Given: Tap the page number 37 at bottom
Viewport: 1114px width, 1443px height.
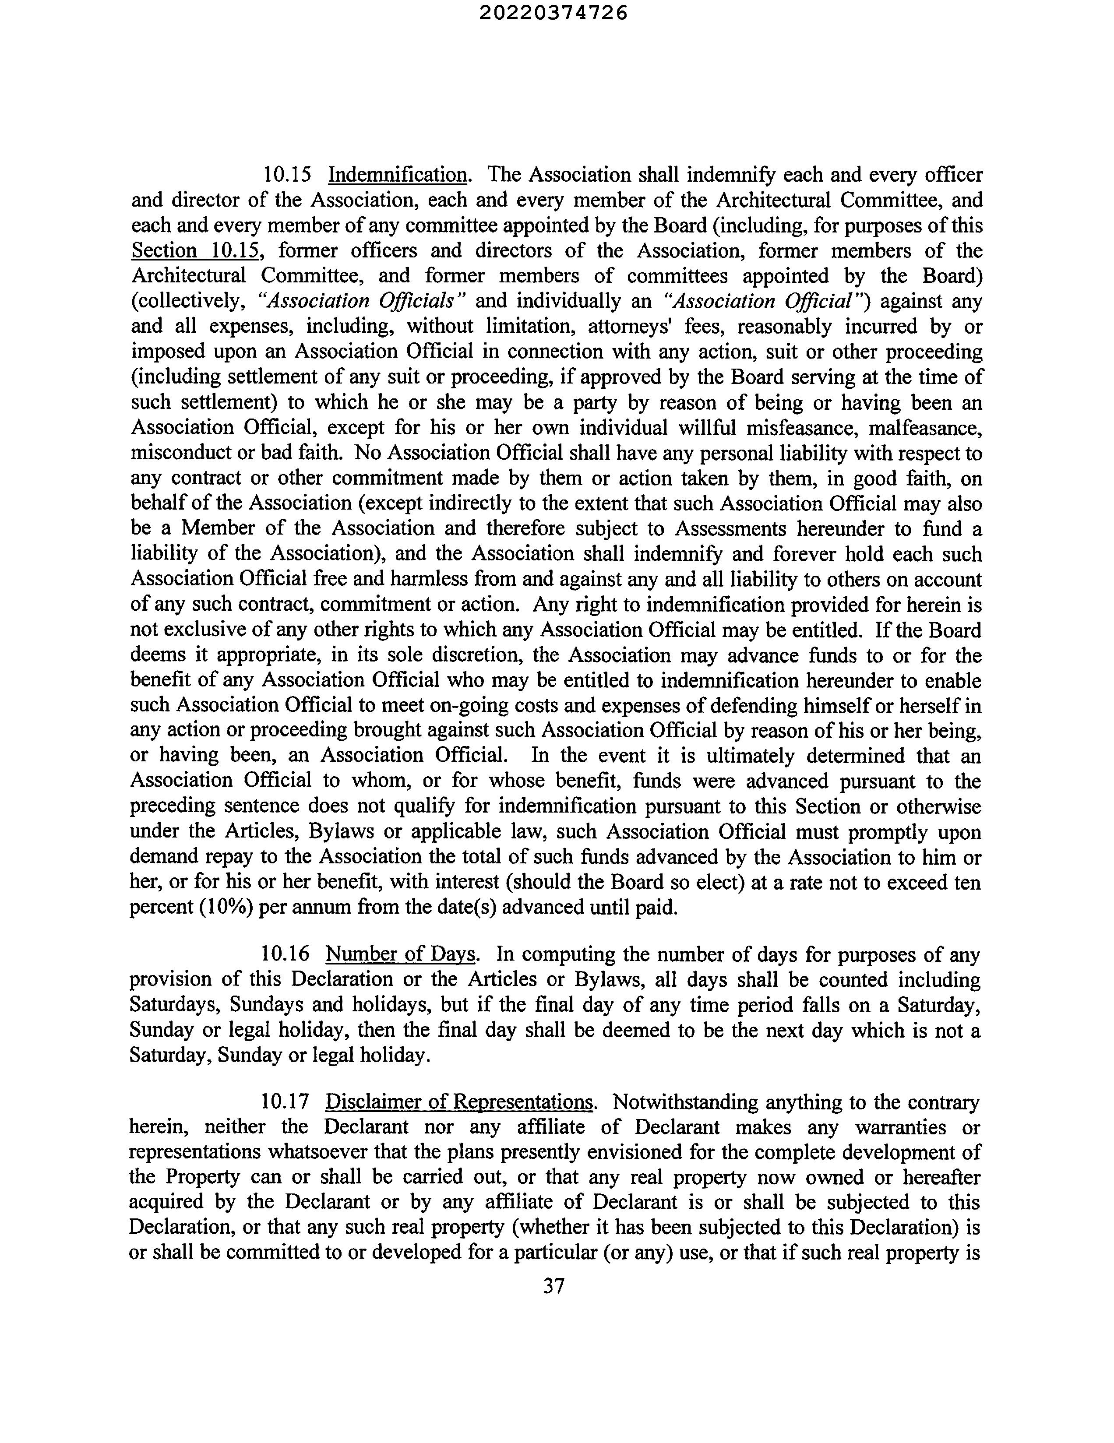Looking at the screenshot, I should tap(553, 1285).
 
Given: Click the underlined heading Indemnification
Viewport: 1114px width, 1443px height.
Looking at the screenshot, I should tap(398, 175).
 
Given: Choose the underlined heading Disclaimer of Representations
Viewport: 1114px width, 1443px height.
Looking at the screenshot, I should tap(460, 1102).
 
